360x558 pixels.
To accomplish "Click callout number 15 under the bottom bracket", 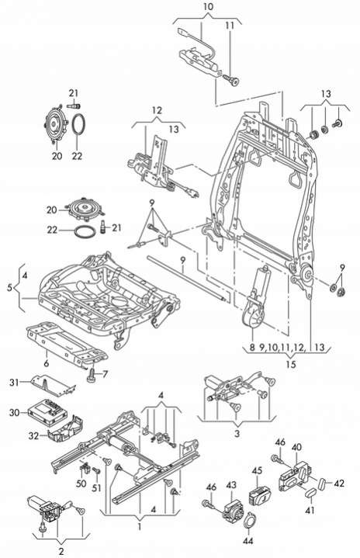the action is [291, 365].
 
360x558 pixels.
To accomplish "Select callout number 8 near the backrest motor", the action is [252, 347].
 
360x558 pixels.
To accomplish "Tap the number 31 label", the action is [14, 383].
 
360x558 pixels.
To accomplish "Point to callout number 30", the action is [15, 412].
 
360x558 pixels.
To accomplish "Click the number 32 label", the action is [33, 435].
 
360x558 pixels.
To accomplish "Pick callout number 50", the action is [81, 483].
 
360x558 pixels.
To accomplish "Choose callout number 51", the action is [97, 487].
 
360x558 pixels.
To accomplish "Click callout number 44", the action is [248, 541].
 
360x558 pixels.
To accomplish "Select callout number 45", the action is [257, 470].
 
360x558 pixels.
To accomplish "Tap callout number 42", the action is [339, 483].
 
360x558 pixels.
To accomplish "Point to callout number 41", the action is [310, 511].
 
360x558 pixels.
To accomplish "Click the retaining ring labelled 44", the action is [249, 520].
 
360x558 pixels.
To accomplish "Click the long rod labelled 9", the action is [187, 279].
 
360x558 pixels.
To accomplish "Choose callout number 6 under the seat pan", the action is [47, 363].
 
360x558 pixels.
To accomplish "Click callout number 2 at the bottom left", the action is [61, 552].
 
